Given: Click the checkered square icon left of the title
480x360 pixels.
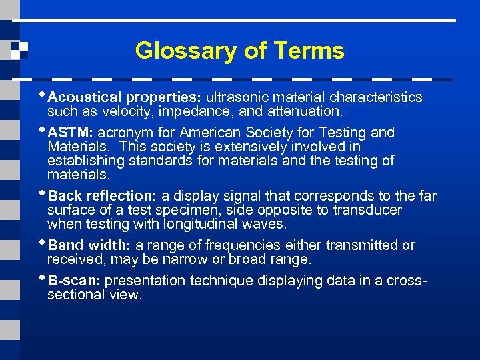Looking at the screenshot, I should [x=19, y=50].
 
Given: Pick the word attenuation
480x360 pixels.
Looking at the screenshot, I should [x=309, y=111].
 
